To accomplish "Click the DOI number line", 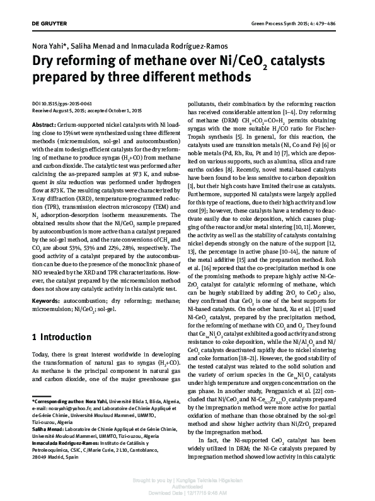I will point(66,103).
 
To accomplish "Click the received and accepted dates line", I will point(87,110).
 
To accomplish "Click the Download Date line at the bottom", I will point(187,493).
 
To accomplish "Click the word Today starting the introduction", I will point(42,356).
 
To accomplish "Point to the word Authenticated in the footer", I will point(187,486).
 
